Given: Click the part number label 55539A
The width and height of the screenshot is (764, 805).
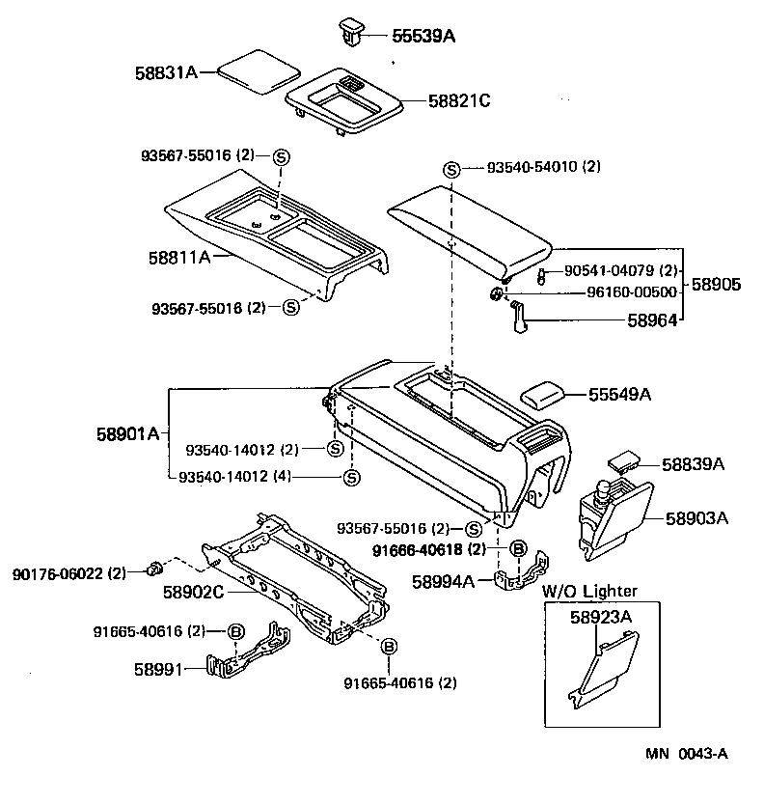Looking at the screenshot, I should (x=423, y=36).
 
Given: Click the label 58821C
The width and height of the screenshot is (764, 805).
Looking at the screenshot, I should (x=447, y=99).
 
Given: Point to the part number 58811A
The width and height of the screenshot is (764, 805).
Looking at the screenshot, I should (x=179, y=258).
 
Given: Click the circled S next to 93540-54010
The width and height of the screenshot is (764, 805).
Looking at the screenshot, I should (x=450, y=168).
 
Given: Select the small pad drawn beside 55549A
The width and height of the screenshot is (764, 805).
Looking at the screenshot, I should (x=548, y=395).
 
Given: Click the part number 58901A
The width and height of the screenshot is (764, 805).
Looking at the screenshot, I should (x=127, y=433).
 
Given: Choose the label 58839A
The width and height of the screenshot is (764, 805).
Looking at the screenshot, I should (x=693, y=464).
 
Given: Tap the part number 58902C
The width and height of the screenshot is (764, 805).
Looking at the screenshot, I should (x=194, y=591).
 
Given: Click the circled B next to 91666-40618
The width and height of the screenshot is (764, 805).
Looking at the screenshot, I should (x=516, y=549).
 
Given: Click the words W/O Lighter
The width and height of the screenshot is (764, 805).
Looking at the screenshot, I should (x=589, y=591).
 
